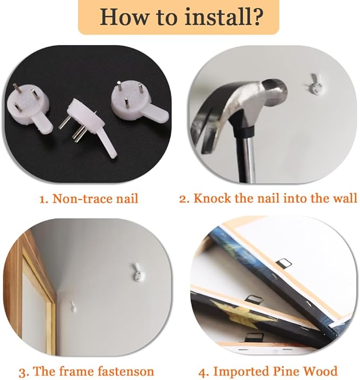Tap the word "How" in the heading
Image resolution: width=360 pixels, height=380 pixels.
tap(126, 17)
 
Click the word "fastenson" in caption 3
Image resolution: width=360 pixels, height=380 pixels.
tap(126, 372)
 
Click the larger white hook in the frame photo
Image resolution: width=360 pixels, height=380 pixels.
tap(138, 272)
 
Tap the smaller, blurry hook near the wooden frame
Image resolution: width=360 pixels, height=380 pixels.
tap(73, 306)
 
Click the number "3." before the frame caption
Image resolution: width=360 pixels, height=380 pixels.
tap(24, 372)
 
